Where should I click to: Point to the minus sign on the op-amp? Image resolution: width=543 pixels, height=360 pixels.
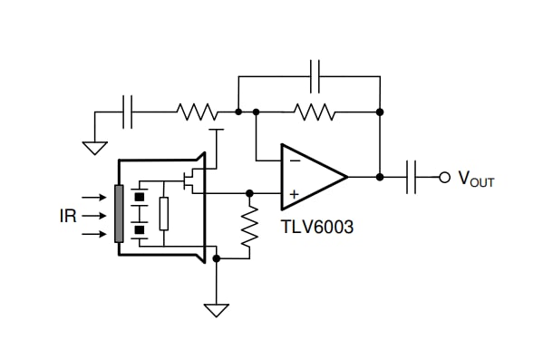[x=293, y=160]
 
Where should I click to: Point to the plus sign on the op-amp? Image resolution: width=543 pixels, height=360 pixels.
[x=293, y=193]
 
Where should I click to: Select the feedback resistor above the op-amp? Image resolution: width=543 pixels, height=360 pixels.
[x=315, y=112]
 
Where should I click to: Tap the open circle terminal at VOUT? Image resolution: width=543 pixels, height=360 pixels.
[x=444, y=177]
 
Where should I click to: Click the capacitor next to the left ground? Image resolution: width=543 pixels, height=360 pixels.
[x=129, y=112]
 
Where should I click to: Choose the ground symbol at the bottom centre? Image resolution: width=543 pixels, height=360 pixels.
[x=216, y=309]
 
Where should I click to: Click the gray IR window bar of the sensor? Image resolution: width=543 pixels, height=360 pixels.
[x=118, y=214]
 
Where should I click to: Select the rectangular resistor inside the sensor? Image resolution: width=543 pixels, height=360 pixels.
[x=163, y=214]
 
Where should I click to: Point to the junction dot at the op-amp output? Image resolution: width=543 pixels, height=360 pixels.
[x=380, y=177]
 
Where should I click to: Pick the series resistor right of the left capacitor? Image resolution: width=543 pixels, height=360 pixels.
[x=197, y=112]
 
